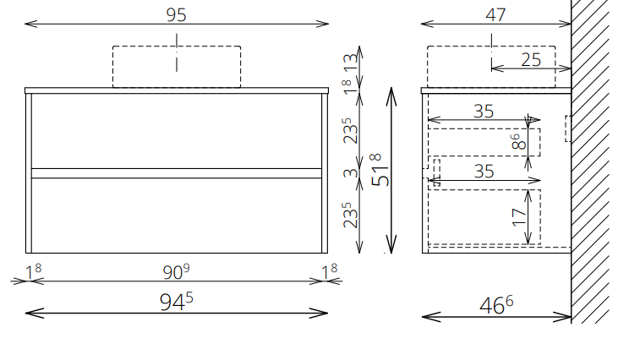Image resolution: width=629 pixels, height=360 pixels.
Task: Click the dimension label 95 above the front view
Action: tap(176, 15)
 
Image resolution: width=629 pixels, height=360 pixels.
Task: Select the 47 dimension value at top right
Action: tap(495, 15)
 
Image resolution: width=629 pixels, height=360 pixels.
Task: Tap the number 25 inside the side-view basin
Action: tap(531, 60)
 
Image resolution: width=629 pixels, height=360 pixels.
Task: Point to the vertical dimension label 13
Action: tap(351, 63)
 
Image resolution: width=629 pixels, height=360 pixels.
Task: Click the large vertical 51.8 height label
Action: tap(380, 170)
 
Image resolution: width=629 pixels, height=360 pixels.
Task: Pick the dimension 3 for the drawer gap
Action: tap(351, 172)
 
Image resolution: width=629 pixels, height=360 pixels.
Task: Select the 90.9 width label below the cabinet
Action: tap(176, 272)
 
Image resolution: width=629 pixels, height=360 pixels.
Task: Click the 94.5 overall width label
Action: tap(176, 302)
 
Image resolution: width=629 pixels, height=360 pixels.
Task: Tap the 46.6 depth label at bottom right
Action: tap(496, 305)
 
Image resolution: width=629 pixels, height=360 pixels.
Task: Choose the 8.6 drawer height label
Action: tap(519, 142)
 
